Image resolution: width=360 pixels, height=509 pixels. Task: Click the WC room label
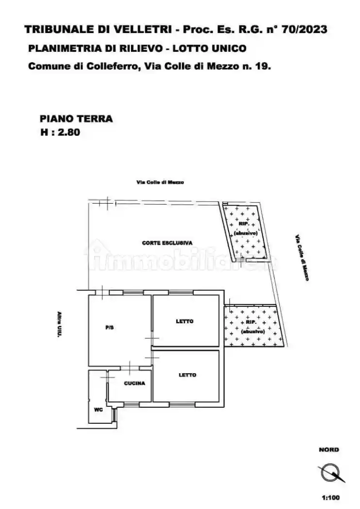click(98, 410)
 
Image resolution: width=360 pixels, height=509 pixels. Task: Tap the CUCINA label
click(134, 383)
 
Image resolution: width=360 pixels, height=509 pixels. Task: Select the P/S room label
click(110, 328)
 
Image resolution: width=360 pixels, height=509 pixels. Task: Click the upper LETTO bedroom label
click(184, 321)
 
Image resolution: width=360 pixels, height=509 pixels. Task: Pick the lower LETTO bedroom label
click(187, 375)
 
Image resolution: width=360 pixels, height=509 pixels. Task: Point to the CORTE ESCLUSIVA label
click(167, 242)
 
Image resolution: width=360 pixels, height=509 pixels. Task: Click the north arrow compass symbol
click(331, 473)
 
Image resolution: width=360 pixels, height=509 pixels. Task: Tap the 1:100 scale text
click(331, 497)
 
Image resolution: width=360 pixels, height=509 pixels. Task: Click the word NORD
click(329, 450)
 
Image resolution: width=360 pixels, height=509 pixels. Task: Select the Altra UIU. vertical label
click(59, 324)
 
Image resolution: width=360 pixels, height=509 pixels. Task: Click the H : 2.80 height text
click(60, 132)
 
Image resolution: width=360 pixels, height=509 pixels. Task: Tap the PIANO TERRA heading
click(76, 119)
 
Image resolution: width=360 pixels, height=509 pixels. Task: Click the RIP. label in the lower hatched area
click(251, 322)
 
